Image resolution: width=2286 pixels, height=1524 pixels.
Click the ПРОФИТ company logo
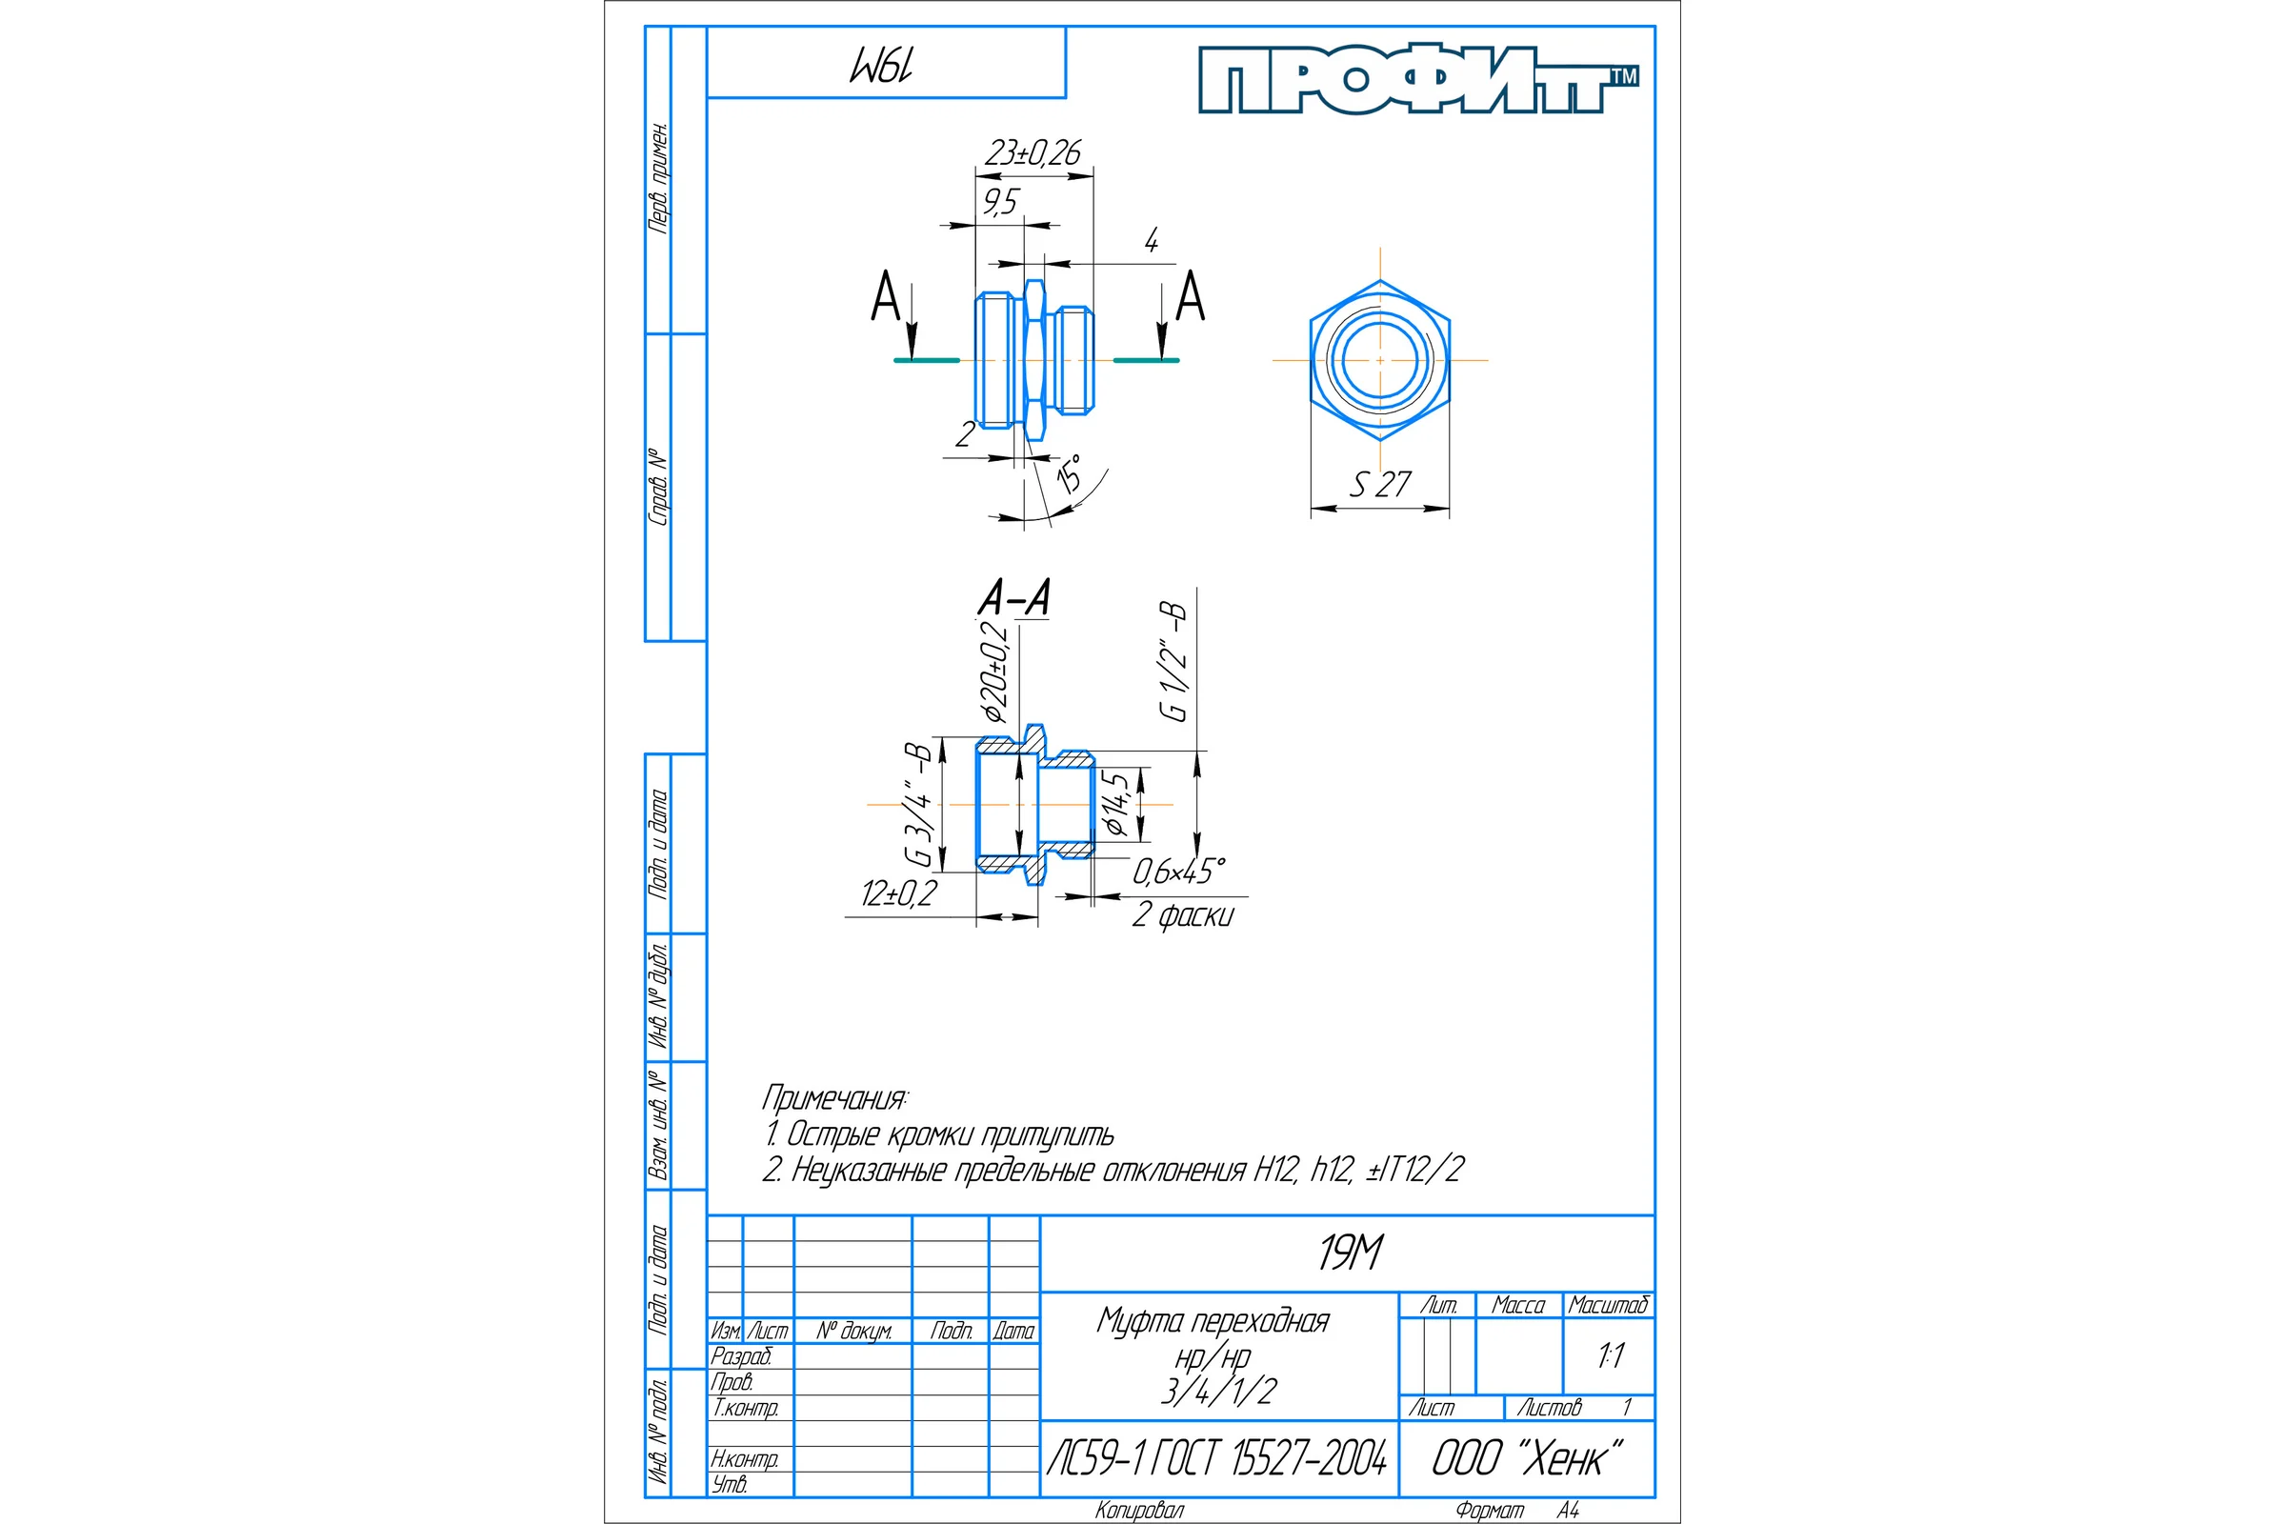[1418, 80]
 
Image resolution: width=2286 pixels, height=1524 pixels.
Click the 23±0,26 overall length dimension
[1033, 152]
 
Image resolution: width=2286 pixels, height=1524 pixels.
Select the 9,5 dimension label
[1000, 201]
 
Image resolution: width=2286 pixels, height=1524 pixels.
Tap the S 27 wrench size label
[1380, 484]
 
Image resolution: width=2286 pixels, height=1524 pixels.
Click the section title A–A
[1014, 597]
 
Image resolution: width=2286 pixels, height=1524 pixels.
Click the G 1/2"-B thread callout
[1173, 661]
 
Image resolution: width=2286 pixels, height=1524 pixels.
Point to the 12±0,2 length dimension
[899, 893]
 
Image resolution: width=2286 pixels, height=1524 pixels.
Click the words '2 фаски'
[1183, 914]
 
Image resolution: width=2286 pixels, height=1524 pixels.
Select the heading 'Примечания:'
[835, 1098]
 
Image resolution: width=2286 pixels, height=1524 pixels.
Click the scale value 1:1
[1611, 1355]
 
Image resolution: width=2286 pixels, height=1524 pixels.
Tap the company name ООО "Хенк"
[1527, 1458]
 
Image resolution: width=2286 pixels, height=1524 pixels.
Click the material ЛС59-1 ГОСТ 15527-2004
[1217, 1458]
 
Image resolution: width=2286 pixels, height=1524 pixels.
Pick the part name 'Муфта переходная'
[1213, 1321]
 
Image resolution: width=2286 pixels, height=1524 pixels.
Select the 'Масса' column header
[1518, 1305]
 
